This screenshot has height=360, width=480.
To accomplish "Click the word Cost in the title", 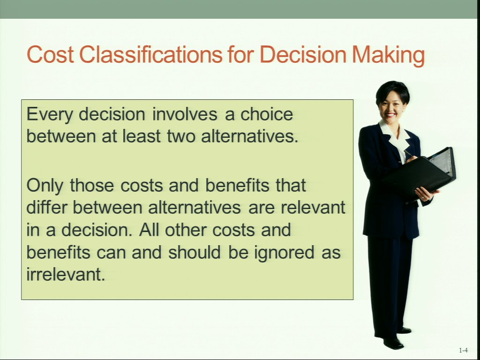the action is click(x=50, y=54).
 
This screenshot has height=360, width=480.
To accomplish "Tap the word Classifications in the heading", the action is click(x=151, y=54).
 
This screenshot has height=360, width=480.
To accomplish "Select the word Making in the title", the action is click(x=388, y=56).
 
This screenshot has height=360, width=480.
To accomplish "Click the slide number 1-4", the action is click(x=463, y=350).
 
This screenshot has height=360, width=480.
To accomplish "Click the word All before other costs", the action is click(x=149, y=230).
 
